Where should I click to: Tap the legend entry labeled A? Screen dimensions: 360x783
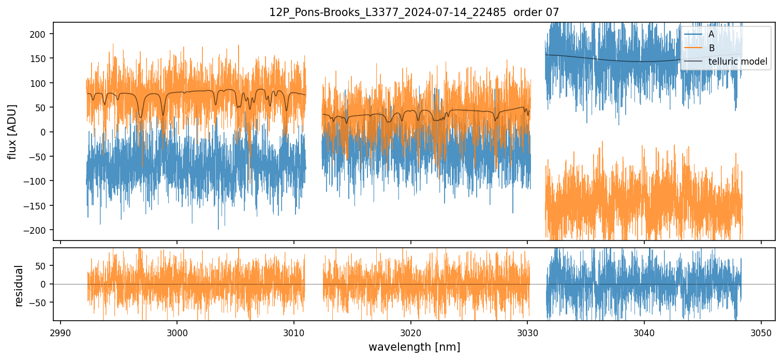[x=711, y=34]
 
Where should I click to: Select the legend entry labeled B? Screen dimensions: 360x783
[x=712, y=48]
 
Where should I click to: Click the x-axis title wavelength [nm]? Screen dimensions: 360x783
[x=414, y=347]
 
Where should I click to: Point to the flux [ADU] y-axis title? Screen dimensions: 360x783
[x=11, y=131]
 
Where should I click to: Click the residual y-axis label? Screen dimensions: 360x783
[x=19, y=286]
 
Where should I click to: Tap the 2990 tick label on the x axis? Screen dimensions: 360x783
[x=61, y=332]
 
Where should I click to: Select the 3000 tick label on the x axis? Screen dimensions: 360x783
[x=177, y=332]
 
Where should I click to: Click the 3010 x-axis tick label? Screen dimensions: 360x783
[x=294, y=332]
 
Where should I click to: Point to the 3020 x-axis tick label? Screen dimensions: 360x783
[x=410, y=332]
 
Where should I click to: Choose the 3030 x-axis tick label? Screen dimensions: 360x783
[x=527, y=332]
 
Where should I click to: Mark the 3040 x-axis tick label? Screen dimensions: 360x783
[x=644, y=332]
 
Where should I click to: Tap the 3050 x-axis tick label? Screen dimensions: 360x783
[x=761, y=332]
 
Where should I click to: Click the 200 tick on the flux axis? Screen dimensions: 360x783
[x=41, y=34]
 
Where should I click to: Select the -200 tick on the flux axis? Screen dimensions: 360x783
[x=39, y=230]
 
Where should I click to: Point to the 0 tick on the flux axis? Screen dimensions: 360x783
[x=46, y=132]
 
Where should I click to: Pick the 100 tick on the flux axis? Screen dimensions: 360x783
[x=41, y=83]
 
